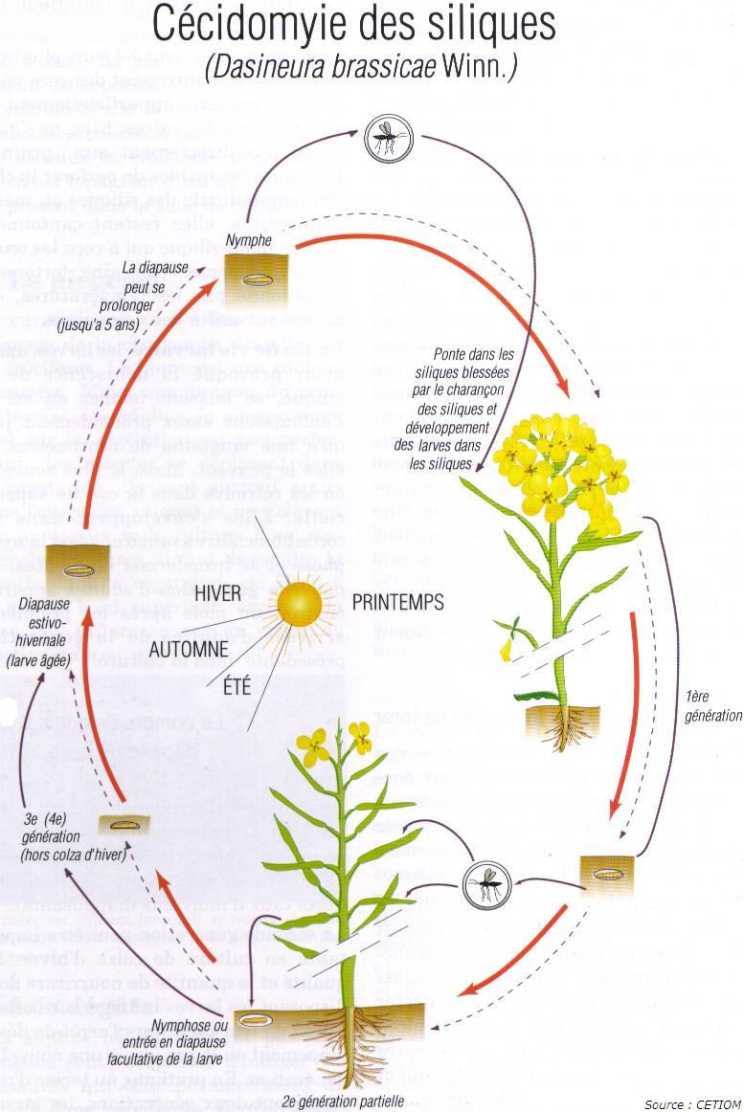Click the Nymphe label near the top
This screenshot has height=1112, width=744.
(248, 240)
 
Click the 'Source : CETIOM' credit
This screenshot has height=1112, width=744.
(691, 1104)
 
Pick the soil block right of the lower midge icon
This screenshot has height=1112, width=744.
(607, 874)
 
